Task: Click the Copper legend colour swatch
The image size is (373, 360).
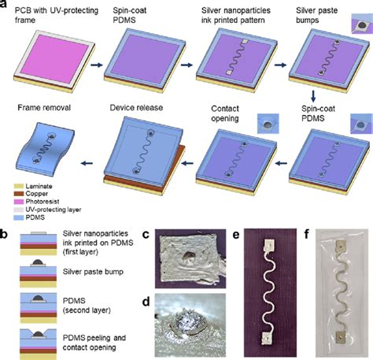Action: [19, 194]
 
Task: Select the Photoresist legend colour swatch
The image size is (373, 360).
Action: [19, 202]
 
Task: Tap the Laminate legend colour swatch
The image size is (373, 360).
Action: [19, 187]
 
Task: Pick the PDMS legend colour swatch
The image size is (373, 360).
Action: [19, 217]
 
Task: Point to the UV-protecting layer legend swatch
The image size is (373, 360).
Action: [19, 210]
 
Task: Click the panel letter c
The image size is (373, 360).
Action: [146, 235]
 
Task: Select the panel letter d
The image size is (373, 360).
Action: [146, 302]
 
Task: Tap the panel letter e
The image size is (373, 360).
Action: [236, 235]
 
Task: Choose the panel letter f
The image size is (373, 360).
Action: [307, 234]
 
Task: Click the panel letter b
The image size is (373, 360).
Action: [4, 234]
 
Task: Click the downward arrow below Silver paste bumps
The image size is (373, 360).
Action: [313, 96]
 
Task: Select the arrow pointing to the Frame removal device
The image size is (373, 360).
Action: [87, 163]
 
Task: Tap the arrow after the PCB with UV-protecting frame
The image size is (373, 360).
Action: [97, 65]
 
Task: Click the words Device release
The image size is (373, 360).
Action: [136, 108]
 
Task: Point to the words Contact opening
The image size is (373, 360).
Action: [225, 113]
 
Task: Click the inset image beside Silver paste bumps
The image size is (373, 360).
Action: [362, 24]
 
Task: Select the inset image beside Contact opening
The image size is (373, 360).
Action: [268, 124]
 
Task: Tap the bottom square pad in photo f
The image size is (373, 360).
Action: [340, 337]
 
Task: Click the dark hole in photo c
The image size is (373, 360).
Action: [188, 256]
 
